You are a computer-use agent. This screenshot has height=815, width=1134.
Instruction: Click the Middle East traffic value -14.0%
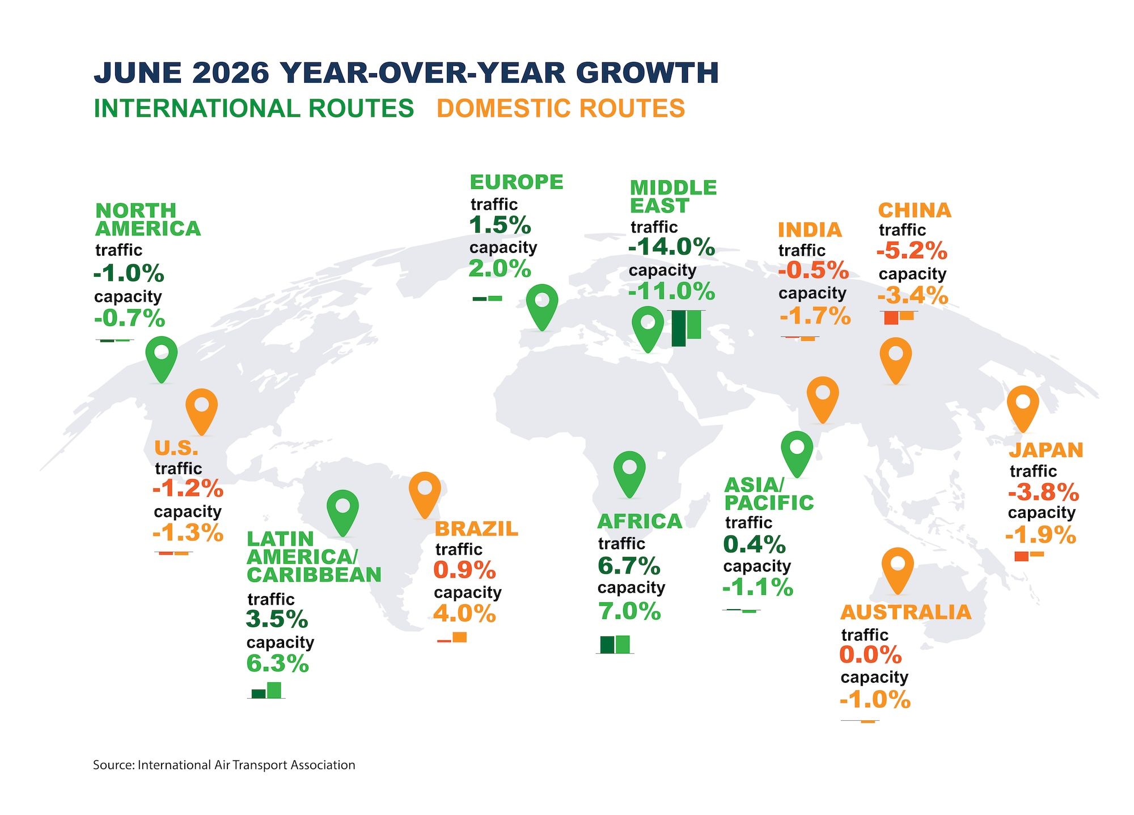(672, 247)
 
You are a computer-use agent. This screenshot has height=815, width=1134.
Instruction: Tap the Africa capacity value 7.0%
(630, 611)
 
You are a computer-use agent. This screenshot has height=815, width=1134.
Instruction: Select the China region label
(915, 210)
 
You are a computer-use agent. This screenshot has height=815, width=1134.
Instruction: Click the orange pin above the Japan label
(1023, 408)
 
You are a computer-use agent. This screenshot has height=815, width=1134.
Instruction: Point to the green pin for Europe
(542, 306)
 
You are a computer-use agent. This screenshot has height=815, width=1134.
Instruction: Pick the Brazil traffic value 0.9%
(465, 570)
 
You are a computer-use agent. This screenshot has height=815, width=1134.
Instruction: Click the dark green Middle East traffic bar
(678, 328)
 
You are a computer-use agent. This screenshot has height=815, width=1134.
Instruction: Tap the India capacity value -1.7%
(815, 316)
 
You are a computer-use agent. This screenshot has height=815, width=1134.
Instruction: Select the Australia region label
(905, 613)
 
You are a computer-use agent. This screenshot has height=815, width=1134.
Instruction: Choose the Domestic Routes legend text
(561, 108)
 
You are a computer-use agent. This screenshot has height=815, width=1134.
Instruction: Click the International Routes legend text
(254, 108)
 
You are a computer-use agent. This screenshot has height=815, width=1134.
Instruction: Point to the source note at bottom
(224, 765)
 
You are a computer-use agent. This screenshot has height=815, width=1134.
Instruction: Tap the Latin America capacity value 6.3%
(278, 664)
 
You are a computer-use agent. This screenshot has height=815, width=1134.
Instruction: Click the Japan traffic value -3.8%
(1044, 492)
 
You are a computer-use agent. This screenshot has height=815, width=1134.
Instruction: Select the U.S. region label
(176, 449)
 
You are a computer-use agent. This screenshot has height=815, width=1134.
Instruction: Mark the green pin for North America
(162, 359)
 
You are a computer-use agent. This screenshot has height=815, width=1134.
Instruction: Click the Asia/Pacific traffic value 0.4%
(755, 544)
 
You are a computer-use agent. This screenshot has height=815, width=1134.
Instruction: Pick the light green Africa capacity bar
(623, 644)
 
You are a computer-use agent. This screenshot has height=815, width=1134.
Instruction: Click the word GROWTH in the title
(648, 73)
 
